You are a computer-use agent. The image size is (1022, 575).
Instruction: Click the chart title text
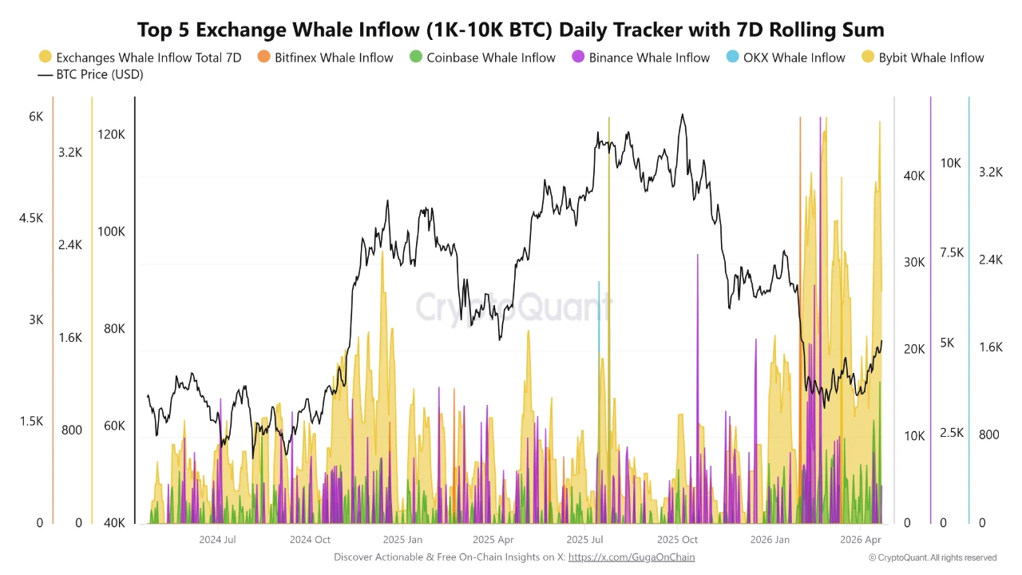pyautogui.click(x=511, y=30)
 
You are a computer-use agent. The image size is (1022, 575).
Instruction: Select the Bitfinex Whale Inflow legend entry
pyautogui.click(x=325, y=57)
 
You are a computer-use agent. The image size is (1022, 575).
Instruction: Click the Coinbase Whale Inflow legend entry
pyautogui.click(x=482, y=57)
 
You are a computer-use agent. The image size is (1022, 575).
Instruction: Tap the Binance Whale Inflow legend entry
pyautogui.click(x=640, y=57)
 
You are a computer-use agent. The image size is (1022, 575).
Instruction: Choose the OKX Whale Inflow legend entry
pyautogui.click(x=786, y=57)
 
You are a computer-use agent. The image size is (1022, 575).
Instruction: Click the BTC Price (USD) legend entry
pyautogui.click(x=90, y=74)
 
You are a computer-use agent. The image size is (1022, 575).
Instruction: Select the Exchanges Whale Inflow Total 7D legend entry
pyautogui.click(x=140, y=57)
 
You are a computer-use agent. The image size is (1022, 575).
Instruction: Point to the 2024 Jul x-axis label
pyautogui.click(x=216, y=540)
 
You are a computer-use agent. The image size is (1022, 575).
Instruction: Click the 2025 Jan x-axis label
pyautogui.click(x=404, y=540)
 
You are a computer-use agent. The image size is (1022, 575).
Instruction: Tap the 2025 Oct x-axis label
pyautogui.click(x=678, y=540)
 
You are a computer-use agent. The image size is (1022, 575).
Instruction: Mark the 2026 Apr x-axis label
pyautogui.click(x=860, y=540)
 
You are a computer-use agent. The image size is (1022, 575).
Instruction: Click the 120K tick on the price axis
pyautogui.click(x=111, y=135)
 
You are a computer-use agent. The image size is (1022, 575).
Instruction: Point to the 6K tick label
pyautogui.click(x=36, y=117)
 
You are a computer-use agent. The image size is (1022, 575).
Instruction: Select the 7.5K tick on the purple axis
pyautogui.click(x=952, y=253)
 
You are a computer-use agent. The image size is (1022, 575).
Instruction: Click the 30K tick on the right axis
pyautogui.click(x=913, y=263)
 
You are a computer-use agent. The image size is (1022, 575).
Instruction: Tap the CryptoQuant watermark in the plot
pyautogui.click(x=513, y=307)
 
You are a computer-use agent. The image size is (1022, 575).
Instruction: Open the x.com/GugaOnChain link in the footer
pyautogui.click(x=631, y=557)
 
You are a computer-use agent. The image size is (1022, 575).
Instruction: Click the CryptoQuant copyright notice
pyautogui.click(x=932, y=557)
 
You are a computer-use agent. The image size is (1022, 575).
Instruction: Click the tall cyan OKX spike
pyautogui.click(x=599, y=319)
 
